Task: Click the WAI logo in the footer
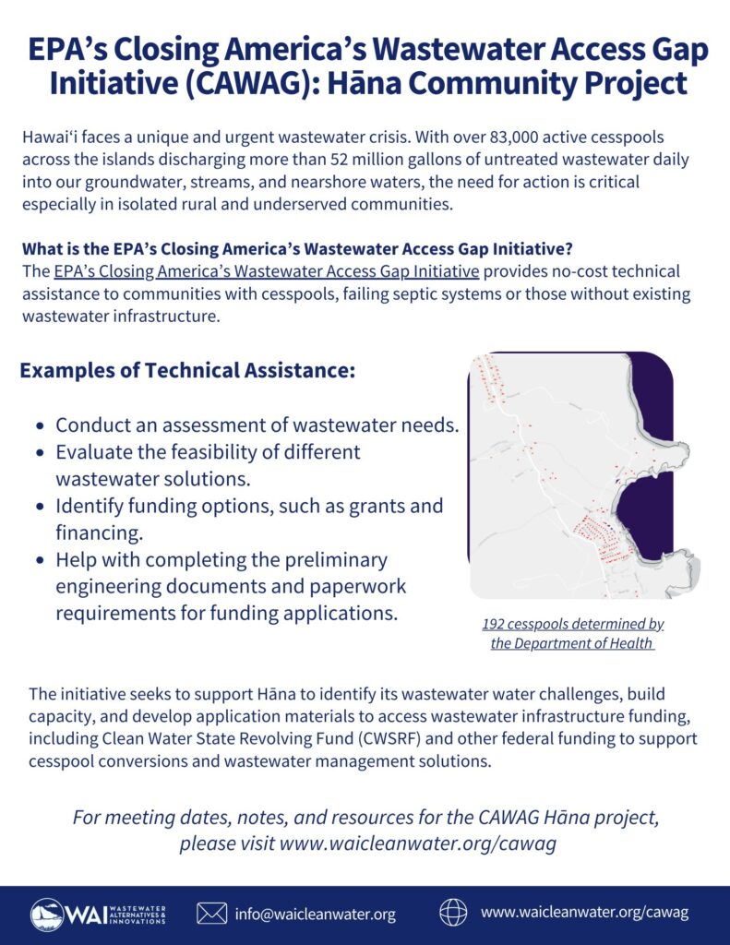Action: tap(98, 914)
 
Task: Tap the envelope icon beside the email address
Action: tap(212, 914)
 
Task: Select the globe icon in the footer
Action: tap(453, 913)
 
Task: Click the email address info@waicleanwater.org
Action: tap(315, 915)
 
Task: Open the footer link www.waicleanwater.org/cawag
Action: tap(584, 913)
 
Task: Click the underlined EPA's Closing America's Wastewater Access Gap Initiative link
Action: tap(267, 270)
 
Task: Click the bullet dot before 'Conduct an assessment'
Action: tap(40, 427)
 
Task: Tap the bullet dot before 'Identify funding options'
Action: tap(40, 508)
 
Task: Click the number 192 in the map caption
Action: tap(496, 625)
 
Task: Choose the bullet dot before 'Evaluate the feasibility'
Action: tap(40, 454)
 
